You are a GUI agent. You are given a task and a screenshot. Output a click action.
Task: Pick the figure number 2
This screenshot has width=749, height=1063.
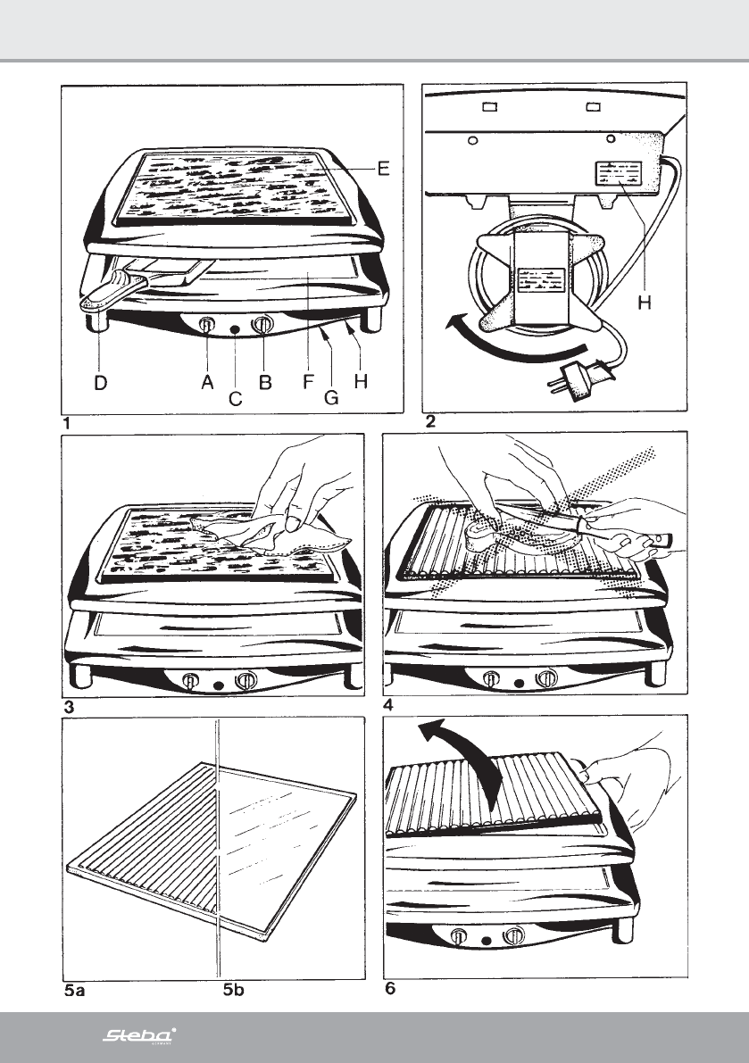[431, 422]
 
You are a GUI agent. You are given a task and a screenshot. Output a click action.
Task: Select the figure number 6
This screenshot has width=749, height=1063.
[389, 989]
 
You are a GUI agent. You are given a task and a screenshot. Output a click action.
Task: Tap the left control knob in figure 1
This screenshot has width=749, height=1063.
[206, 326]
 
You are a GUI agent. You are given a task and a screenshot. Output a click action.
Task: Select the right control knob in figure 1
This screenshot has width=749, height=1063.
[262, 326]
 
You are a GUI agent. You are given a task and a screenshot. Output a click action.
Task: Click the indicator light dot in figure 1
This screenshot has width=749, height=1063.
[235, 330]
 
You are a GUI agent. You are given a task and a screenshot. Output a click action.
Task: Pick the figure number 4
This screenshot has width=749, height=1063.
[387, 705]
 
